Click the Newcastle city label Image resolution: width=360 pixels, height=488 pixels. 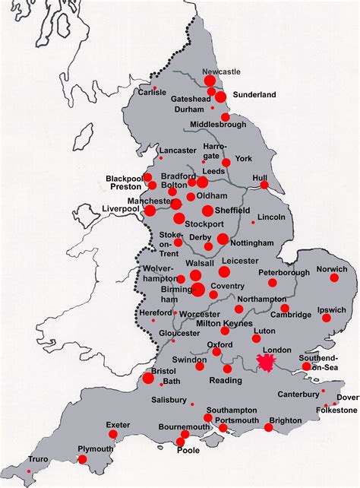point(220,71)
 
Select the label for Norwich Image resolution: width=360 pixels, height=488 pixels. point(333,268)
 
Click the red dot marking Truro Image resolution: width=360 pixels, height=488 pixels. point(30,471)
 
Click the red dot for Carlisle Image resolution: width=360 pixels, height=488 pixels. point(156,89)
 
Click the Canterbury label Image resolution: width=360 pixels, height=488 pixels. point(298,395)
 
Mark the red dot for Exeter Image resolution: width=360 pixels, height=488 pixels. point(113,434)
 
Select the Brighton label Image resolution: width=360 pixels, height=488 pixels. point(285,420)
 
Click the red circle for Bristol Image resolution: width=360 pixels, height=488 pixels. point(148,378)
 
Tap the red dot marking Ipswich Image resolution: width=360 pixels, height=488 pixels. point(327,318)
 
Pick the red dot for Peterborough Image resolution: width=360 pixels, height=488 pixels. point(272,283)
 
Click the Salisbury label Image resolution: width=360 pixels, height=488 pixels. point(169,400)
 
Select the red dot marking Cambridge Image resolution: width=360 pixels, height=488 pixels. point(285,309)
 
